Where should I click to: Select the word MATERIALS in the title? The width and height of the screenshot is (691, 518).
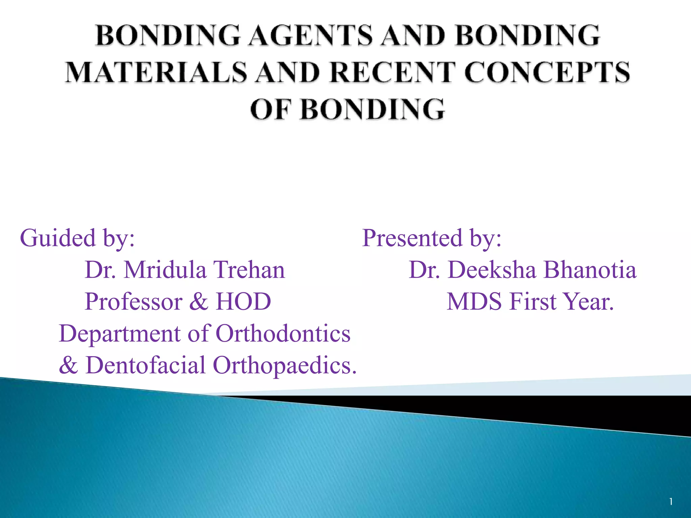(156, 72)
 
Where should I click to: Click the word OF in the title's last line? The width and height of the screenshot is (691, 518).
(270, 109)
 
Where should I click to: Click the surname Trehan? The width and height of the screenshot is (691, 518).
(250, 270)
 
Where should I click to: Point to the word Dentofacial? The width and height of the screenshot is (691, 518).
(145, 366)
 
